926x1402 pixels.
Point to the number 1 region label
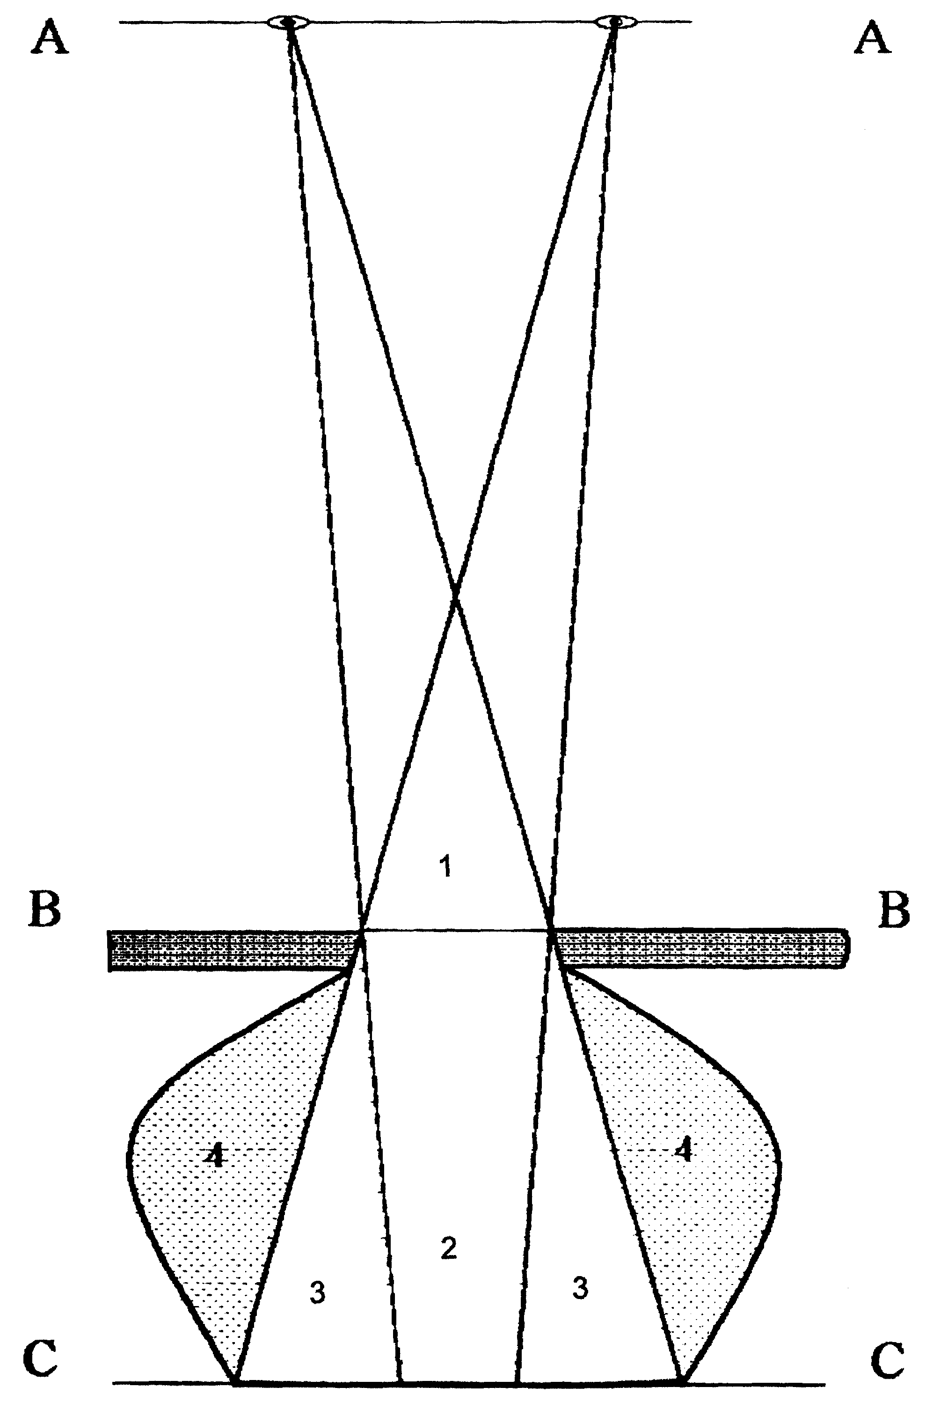point(446,868)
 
